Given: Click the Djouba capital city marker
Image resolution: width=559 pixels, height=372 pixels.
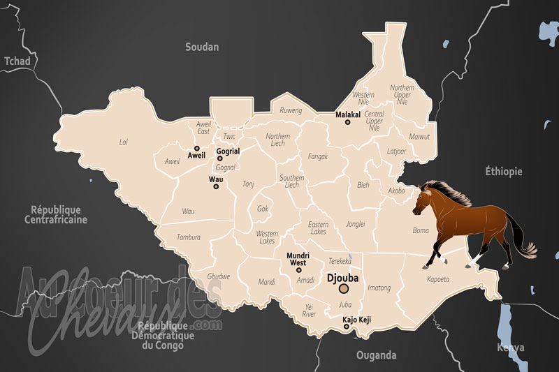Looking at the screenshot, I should [343, 288].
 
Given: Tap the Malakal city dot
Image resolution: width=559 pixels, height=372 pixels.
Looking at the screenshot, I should [347, 123].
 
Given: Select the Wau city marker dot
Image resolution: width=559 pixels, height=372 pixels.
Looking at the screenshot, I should [216, 187].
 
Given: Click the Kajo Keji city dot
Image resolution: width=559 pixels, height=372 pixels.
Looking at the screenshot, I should [347, 327].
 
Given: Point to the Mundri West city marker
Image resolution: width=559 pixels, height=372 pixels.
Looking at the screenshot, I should [299, 270].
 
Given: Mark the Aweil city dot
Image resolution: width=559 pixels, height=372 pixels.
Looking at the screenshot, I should [197, 148].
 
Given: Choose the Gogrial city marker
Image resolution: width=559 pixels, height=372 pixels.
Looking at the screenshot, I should [220, 158].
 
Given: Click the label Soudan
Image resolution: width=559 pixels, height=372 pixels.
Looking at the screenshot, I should [202, 47].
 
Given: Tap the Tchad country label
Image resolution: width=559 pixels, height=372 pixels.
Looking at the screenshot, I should [17, 61].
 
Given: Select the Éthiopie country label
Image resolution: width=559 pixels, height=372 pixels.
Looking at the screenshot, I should [504, 171].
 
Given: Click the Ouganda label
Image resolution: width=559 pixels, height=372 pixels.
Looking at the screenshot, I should [376, 355].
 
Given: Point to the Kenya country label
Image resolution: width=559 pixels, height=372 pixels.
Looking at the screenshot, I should [510, 347].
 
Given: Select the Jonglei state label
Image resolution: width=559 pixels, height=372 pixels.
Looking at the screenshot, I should [356, 225].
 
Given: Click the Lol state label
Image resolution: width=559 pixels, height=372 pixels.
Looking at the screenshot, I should [124, 142].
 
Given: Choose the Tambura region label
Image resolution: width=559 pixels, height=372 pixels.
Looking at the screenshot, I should [189, 237].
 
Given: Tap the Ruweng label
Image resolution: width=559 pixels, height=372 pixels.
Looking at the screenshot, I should [291, 110].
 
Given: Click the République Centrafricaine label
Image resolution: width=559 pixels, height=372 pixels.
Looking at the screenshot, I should [56, 214].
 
